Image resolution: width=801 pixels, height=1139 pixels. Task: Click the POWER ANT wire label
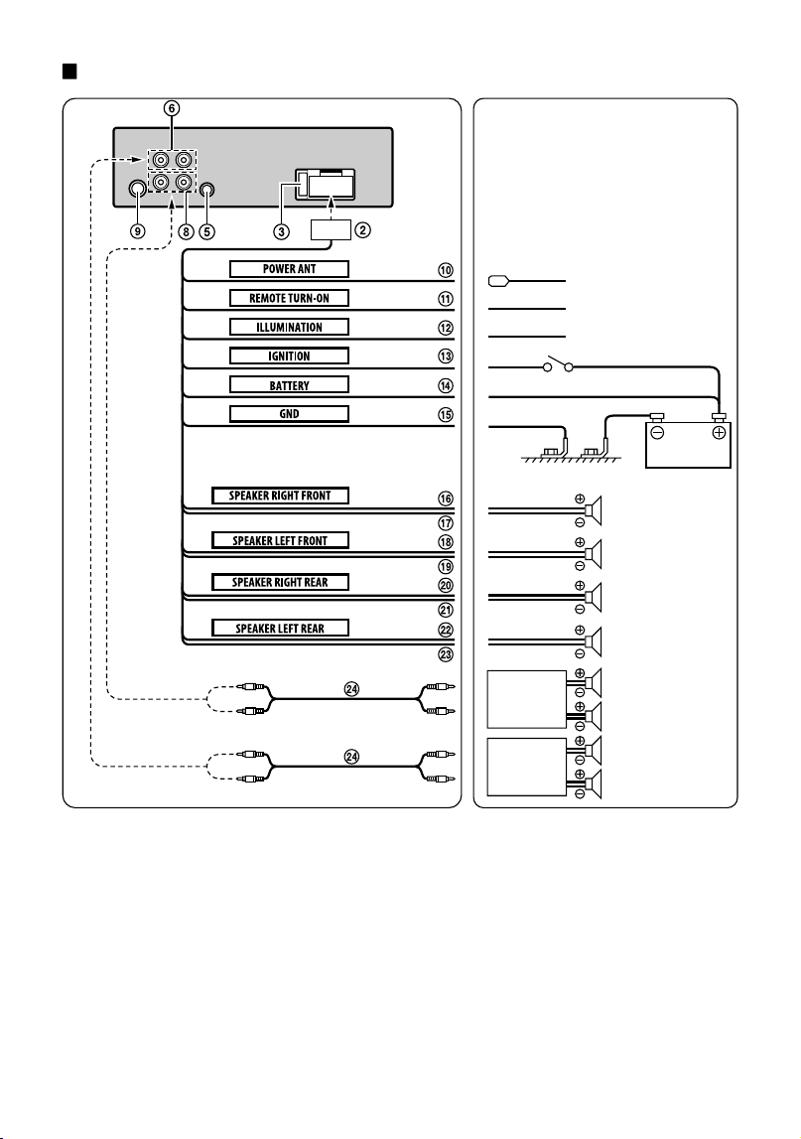[x=289, y=269]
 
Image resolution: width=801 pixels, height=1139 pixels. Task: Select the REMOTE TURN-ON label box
[x=289, y=298]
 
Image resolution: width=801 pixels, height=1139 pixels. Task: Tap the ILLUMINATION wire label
[x=289, y=327]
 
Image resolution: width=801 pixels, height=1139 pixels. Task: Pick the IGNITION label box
[x=289, y=356]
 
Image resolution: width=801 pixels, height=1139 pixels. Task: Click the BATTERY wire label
[x=289, y=385]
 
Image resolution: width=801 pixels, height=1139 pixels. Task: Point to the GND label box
[x=289, y=414]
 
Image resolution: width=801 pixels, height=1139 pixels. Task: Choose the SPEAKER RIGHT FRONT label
[x=280, y=496]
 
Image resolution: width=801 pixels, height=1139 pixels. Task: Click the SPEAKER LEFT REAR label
[x=280, y=628]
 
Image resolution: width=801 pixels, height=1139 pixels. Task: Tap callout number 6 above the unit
[x=172, y=108]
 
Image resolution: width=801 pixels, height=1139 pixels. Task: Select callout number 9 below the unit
[x=137, y=231]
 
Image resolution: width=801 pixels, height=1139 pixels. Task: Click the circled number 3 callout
[x=281, y=231]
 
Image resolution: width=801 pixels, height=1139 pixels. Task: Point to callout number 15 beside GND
[x=445, y=414]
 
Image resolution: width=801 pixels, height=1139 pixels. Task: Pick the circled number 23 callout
[x=445, y=653]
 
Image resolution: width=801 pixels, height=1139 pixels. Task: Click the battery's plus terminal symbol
[x=719, y=433]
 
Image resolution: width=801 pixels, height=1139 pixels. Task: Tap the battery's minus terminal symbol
[x=657, y=433]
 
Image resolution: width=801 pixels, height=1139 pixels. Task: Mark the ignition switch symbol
[x=559, y=363]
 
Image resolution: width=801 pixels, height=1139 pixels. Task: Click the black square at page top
[x=69, y=71]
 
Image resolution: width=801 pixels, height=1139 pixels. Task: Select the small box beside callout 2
[x=332, y=229]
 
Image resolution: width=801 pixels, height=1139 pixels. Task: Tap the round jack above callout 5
[x=207, y=190]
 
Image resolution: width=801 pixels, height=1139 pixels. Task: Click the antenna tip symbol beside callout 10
[x=497, y=280]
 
